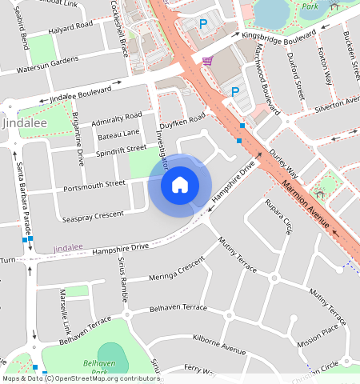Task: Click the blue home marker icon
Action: pos(180,185)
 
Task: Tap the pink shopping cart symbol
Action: pos(208,61)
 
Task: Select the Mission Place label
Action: pos(318,334)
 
